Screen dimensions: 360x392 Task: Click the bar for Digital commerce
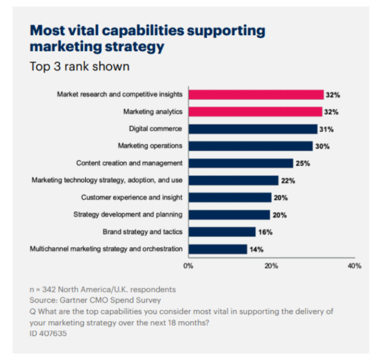tap(253, 129)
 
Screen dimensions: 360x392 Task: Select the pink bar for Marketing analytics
tap(255, 112)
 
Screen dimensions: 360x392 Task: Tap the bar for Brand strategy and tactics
tap(222, 232)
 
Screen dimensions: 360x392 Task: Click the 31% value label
tap(327, 129)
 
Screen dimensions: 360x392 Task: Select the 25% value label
tap(303, 163)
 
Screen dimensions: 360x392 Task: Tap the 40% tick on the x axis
tap(354, 266)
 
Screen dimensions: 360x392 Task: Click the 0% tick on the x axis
tap(188, 266)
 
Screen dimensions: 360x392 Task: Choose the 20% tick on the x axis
tap(271, 266)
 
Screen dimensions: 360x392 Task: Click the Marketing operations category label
tap(150, 146)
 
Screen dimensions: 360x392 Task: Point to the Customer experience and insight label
tap(132, 197)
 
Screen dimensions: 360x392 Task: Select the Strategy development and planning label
tap(128, 215)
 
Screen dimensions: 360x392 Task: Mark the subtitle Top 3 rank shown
tap(80, 67)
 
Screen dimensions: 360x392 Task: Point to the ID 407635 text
tap(48, 333)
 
